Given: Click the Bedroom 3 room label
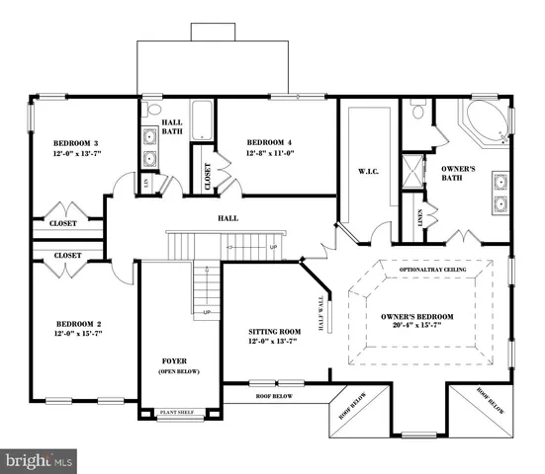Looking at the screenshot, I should (74, 142).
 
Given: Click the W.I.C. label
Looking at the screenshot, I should (369, 172).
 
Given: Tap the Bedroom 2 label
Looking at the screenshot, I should (77, 324).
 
